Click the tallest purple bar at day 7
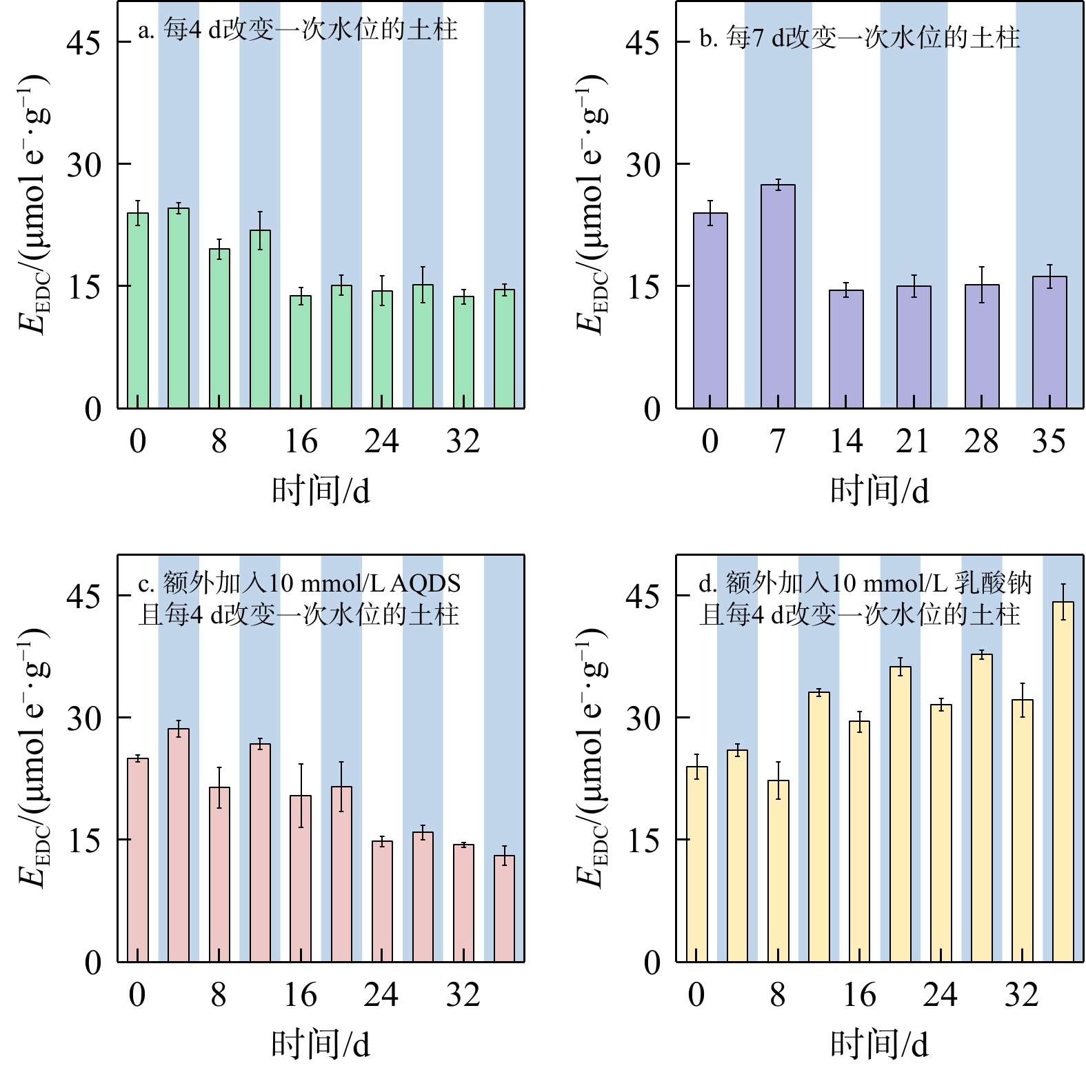[x=778, y=296]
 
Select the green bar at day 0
[x=138, y=310]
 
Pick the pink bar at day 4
[x=179, y=845]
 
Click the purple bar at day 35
[x=1049, y=342]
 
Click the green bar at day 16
[x=301, y=352]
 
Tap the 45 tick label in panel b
[x=643, y=43]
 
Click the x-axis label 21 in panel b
[x=913, y=441]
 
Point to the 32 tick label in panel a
[x=463, y=441]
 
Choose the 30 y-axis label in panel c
[x=83, y=718]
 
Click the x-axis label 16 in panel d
[x=859, y=994]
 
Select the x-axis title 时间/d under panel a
[x=321, y=491]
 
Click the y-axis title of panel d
[x=592, y=758]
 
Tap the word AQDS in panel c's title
[x=425, y=584]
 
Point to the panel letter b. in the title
[x=708, y=38]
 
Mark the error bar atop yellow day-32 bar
[x=1022, y=700]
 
